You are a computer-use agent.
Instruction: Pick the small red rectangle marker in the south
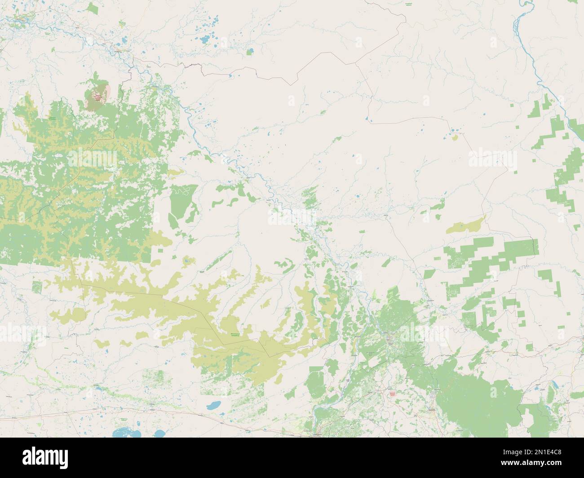pos(392,393)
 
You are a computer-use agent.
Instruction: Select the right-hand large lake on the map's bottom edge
pos(159,434)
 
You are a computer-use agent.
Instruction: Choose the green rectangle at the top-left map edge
pos(93,8)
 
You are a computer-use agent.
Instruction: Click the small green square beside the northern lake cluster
pos(250,51)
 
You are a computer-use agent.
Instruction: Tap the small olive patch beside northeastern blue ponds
pos(455,137)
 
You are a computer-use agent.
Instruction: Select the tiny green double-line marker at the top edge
pos(408,4)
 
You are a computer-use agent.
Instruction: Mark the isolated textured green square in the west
pos(37,286)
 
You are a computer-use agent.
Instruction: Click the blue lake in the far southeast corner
pos(553,385)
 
